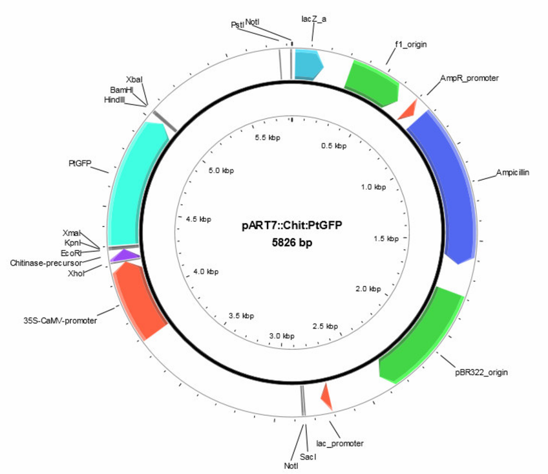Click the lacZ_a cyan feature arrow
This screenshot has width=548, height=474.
(x=308, y=65)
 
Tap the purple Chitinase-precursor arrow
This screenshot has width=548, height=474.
(x=124, y=255)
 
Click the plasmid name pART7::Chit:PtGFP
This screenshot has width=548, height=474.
(x=292, y=225)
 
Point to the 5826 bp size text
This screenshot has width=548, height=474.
(x=292, y=242)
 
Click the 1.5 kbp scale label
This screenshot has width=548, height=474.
(x=386, y=239)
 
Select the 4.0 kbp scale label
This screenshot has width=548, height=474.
(x=206, y=272)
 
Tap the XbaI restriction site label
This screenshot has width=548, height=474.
(x=134, y=80)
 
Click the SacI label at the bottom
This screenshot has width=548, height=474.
(x=308, y=457)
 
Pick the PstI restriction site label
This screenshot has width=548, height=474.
(x=238, y=25)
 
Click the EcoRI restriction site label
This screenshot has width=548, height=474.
(x=71, y=253)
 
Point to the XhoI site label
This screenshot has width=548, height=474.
(x=76, y=273)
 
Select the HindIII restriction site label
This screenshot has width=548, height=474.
(x=114, y=100)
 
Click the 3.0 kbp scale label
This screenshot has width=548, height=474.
(x=282, y=336)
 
